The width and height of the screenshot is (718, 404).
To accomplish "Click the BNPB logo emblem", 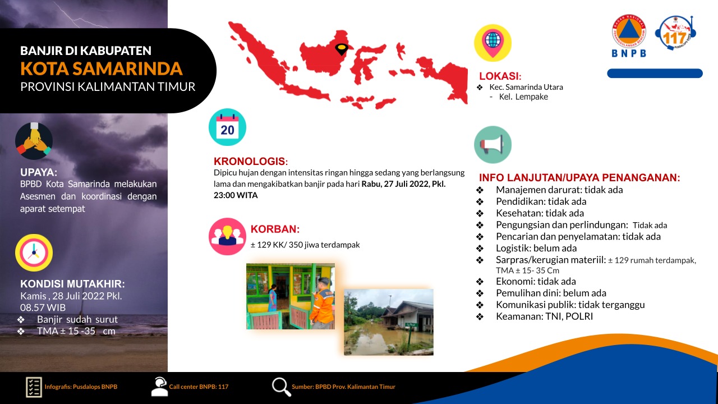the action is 629,36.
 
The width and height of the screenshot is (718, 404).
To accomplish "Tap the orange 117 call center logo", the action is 675,33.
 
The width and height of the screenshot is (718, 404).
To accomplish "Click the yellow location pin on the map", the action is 342,49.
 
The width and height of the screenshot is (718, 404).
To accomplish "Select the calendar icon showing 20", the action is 227,127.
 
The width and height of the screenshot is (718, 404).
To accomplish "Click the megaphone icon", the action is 493,145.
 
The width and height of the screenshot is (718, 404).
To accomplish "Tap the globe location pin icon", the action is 493,43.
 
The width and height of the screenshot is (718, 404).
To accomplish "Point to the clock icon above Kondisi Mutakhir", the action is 34,252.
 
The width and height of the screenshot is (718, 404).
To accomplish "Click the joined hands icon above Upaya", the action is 34,141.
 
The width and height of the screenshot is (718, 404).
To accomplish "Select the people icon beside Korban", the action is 227,237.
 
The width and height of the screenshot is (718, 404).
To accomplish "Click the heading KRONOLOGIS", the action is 251,161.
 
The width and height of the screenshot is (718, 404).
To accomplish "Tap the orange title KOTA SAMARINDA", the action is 102,68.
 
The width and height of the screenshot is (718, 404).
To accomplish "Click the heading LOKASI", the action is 500,76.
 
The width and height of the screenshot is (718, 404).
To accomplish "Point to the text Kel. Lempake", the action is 523,97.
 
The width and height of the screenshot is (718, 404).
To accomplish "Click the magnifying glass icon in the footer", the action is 282,387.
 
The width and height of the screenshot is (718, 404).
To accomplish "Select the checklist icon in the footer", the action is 34,387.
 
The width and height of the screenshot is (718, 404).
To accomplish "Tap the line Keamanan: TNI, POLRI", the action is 544,316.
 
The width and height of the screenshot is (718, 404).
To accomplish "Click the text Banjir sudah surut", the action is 77,319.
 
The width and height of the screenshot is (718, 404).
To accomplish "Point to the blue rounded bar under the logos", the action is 655,74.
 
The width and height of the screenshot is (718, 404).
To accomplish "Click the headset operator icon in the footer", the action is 159,387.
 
